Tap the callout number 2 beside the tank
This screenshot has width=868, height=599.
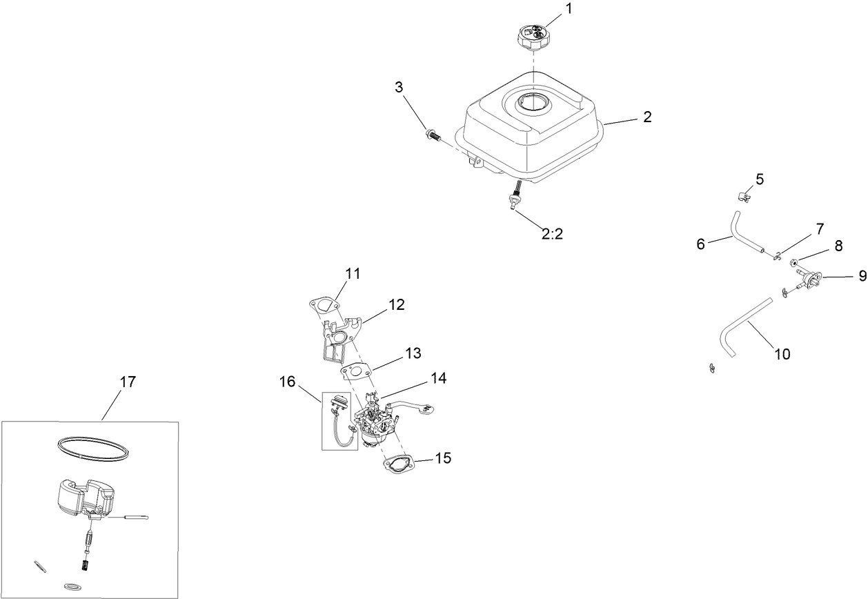pyautogui.click(x=647, y=117)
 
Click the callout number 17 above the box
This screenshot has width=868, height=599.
pyautogui.click(x=128, y=382)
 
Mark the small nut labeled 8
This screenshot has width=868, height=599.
pyautogui.click(x=794, y=262)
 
